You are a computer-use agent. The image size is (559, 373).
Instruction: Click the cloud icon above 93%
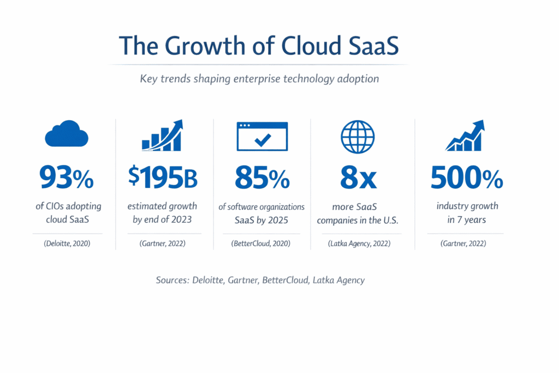tap(66, 134)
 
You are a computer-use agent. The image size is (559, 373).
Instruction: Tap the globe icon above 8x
tap(358, 135)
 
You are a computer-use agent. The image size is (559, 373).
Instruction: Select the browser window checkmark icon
tap(262, 136)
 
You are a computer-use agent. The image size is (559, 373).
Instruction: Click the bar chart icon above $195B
tap(162, 135)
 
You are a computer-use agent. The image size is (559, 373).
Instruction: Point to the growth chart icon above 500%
tap(465, 136)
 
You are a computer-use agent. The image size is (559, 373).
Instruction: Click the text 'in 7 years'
tap(467, 220)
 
